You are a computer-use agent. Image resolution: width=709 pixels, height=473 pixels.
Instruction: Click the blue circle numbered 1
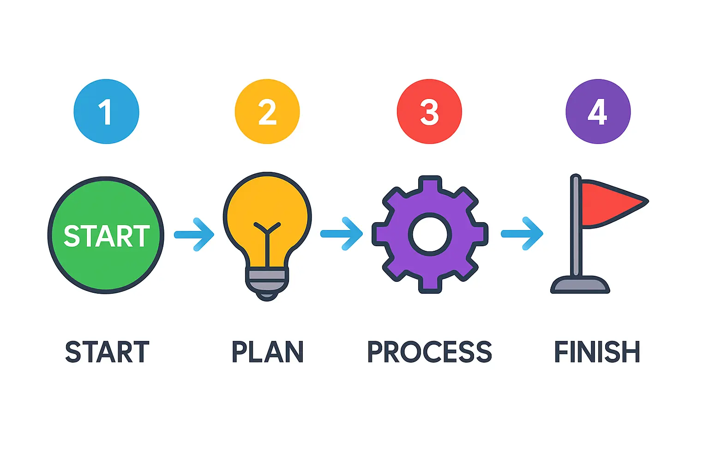click(106, 111)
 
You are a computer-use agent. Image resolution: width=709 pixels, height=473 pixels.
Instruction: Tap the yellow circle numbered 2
click(267, 111)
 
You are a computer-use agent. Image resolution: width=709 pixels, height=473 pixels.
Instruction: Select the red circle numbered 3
click(429, 111)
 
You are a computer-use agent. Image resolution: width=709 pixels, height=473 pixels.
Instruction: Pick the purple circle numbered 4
click(598, 111)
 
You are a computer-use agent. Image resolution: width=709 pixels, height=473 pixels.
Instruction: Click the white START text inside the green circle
click(107, 236)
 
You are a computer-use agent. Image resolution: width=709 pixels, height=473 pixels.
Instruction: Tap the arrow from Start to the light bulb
click(194, 234)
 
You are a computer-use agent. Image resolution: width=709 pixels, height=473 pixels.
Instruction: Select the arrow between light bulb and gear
click(342, 234)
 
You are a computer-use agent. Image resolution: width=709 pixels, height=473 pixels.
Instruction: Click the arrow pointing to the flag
click(522, 234)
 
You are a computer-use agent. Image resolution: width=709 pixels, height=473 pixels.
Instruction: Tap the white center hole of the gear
click(430, 234)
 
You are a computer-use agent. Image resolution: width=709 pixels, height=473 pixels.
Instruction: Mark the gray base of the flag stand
click(580, 285)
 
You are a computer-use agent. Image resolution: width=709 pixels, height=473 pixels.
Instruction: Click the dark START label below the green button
click(107, 352)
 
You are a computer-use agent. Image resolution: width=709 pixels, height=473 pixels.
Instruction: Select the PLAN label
click(267, 352)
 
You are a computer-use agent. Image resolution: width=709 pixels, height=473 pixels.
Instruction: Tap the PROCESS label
click(429, 352)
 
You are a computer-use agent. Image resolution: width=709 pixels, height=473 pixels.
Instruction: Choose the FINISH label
click(597, 352)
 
